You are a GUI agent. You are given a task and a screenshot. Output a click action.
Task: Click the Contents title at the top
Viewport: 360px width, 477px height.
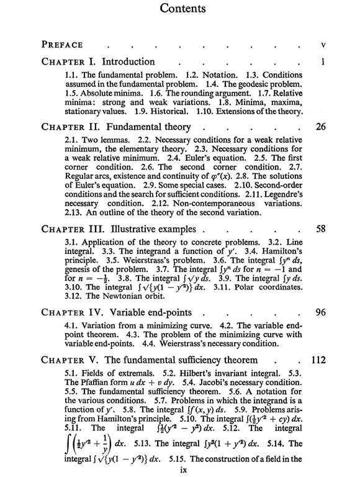pyautogui.click(x=180, y=10)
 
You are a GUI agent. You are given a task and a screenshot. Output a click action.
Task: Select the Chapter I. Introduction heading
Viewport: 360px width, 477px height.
pyautogui.click(x=98, y=62)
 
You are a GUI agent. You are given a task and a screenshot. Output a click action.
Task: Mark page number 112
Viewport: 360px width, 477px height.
pyautogui.click(x=318, y=358)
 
